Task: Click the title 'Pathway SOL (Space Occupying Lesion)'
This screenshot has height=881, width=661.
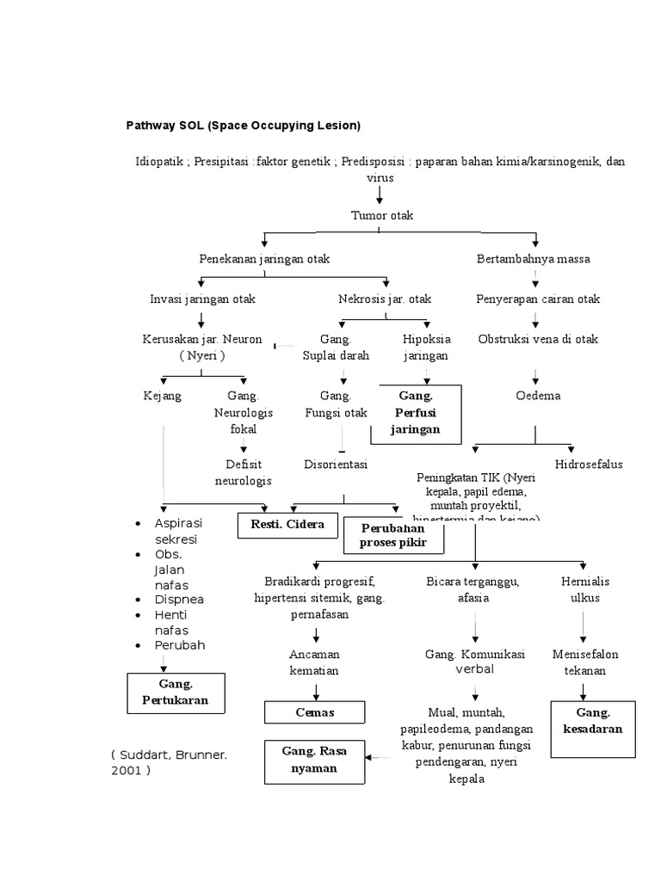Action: [244, 126]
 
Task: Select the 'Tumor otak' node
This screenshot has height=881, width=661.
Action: [382, 215]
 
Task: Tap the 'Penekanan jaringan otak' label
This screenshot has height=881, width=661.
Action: [264, 258]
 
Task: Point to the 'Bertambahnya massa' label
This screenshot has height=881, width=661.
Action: [534, 258]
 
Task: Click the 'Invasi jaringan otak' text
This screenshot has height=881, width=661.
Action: [202, 299]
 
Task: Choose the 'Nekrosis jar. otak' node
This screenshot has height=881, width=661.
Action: [385, 299]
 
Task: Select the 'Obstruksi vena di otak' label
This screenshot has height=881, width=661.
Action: [538, 339]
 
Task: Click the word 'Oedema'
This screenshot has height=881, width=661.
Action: [537, 396]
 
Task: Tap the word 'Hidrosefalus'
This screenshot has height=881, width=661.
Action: [589, 464]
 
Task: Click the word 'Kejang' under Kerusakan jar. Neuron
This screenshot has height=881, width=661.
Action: [162, 396]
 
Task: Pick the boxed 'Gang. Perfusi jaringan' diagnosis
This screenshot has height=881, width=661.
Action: [419, 412]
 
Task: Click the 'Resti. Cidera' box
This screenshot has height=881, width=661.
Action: [288, 524]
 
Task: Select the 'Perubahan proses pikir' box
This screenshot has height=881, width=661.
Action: [393, 536]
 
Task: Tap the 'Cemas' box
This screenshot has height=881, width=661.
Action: [315, 712]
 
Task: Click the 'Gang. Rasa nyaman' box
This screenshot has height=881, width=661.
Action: [314, 760]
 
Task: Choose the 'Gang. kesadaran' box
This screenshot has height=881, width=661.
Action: [593, 721]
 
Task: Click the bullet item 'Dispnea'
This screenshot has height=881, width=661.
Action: [179, 599]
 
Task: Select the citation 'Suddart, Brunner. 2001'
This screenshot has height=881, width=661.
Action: [169, 762]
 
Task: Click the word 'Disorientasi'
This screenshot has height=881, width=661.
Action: [336, 464]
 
